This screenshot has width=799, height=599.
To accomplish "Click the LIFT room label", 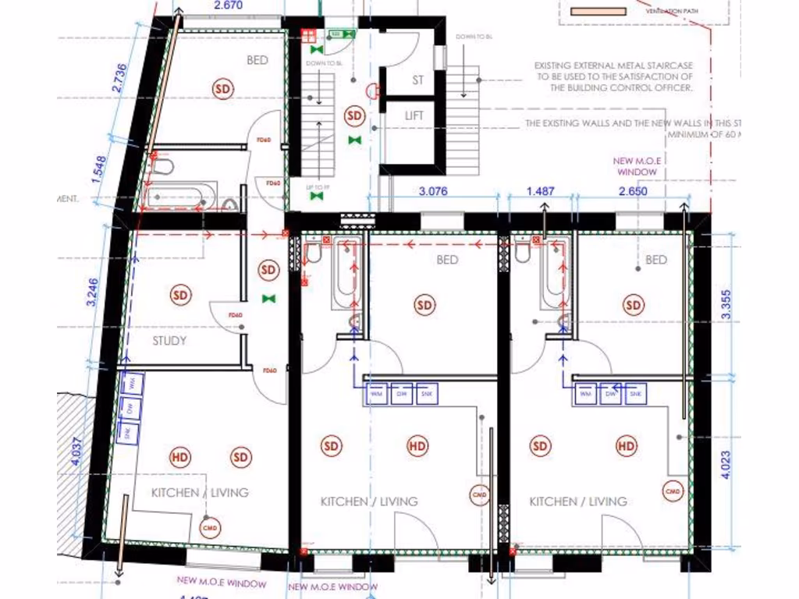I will (x=414, y=115).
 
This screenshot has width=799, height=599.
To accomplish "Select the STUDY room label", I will (x=169, y=341).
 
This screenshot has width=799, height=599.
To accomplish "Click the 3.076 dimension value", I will (x=433, y=190).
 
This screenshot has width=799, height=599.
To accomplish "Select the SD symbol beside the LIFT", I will (x=355, y=116).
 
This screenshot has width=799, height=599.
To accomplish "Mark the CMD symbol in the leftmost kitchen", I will (x=209, y=528).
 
